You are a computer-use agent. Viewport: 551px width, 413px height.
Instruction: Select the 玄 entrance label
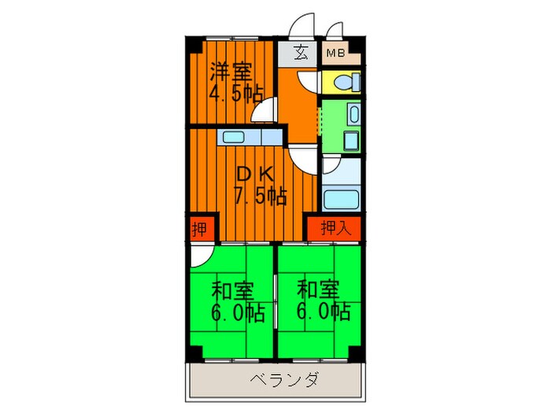pos(301,54)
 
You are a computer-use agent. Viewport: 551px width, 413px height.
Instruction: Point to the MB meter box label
pos(335,54)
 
